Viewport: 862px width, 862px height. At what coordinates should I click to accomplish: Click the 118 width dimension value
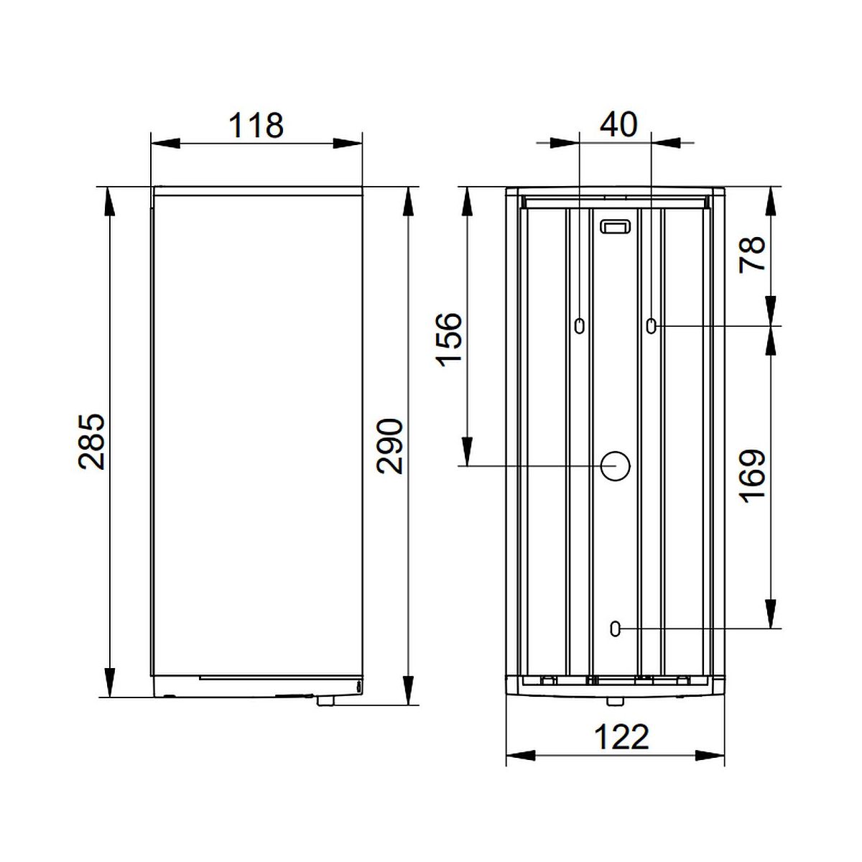(x=256, y=126)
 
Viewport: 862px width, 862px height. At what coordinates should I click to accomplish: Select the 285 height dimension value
(x=92, y=442)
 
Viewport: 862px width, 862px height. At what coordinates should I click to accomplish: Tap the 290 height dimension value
(x=390, y=446)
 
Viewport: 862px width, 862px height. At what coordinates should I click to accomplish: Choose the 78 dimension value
(x=752, y=254)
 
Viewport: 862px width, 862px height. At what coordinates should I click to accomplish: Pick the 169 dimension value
(x=752, y=476)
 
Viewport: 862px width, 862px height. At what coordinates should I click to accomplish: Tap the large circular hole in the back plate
(x=615, y=465)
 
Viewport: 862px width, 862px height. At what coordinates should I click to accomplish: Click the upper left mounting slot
(x=579, y=325)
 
